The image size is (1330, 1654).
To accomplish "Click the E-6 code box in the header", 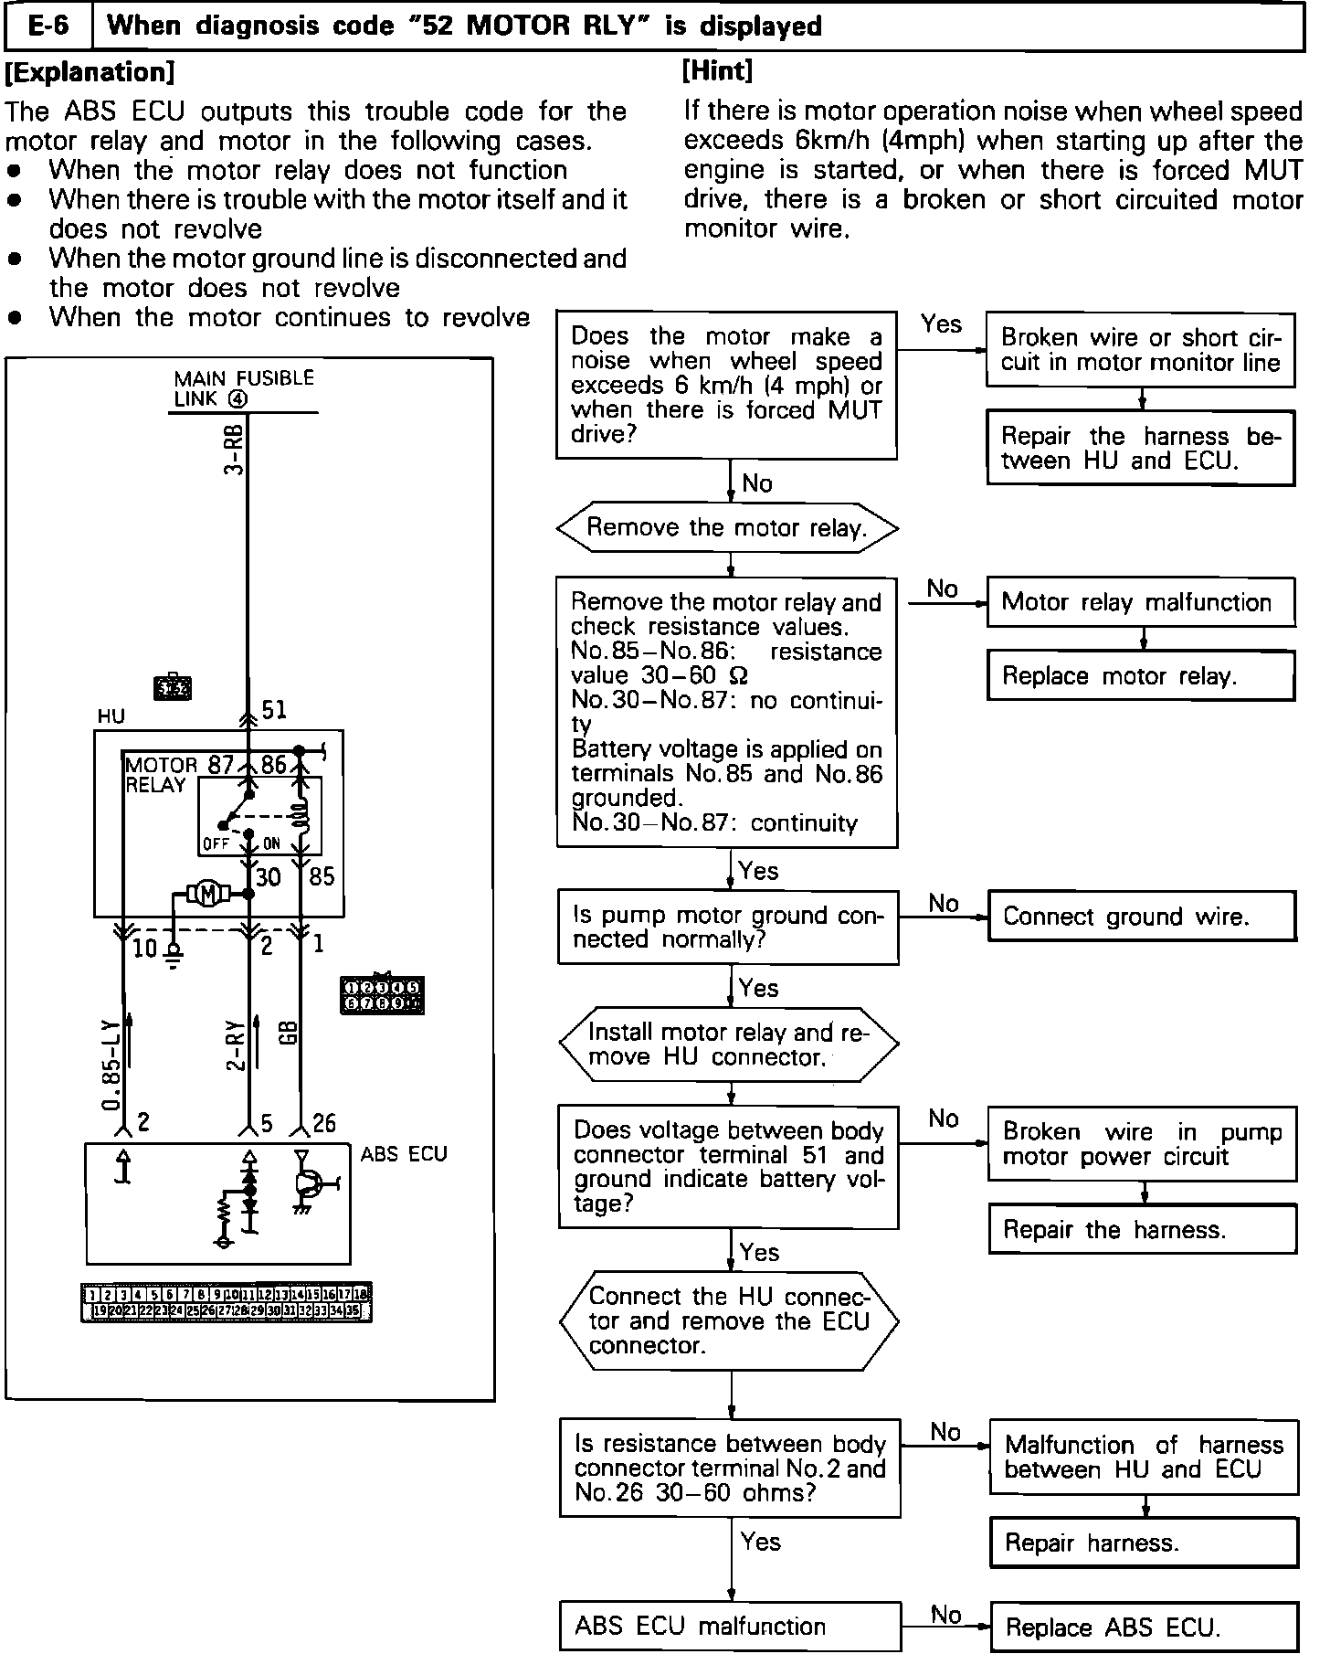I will [x=49, y=26].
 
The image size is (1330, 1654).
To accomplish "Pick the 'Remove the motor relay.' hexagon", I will [x=727, y=527].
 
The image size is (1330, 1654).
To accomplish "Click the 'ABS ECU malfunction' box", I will [x=730, y=1626].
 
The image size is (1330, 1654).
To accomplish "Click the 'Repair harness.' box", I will [x=1144, y=1543].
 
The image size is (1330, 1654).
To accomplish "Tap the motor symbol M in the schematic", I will [x=208, y=895].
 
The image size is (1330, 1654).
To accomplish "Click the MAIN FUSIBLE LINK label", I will [x=243, y=388].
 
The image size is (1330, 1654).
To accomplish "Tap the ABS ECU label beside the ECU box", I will [x=404, y=1154].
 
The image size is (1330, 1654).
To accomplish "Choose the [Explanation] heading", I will [x=90, y=71].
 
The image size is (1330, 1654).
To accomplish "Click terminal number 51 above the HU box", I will [x=274, y=710].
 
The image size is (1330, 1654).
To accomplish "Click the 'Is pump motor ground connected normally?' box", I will [x=728, y=928].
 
